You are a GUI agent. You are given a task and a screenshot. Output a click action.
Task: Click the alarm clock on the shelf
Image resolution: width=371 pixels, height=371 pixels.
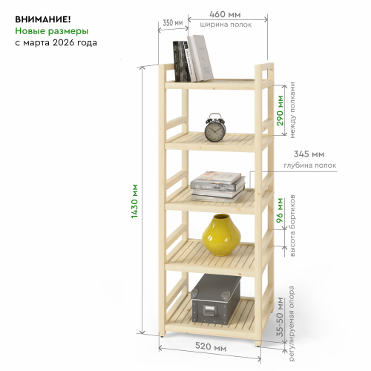(215, 128)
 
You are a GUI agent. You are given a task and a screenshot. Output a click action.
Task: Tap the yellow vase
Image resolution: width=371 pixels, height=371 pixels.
(221, 235)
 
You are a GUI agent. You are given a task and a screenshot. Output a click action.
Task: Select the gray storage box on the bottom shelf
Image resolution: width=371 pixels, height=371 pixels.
(216, 299)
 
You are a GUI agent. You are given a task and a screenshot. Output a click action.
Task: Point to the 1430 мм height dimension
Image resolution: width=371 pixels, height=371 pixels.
(134, 201)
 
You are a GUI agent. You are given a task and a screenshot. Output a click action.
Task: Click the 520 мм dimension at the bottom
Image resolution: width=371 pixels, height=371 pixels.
(211, 347)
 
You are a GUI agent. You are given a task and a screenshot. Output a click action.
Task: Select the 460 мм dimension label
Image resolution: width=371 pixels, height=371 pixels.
(225, 14)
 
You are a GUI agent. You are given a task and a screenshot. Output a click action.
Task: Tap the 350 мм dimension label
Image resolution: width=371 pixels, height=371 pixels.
(173, 23)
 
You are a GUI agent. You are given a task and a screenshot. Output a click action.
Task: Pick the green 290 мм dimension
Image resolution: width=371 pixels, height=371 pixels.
(280, 111)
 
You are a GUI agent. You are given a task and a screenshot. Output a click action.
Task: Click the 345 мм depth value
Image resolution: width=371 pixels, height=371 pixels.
(309, 154)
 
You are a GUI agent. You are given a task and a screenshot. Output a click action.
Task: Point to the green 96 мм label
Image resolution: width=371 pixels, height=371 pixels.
(280, 210)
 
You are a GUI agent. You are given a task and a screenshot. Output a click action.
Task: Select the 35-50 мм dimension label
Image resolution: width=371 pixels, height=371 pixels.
(280, 317)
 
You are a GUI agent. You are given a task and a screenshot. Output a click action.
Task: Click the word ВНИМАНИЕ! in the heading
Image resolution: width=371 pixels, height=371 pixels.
(43, 19)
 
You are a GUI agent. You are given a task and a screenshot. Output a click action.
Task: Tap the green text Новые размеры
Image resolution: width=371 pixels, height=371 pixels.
(52, 31)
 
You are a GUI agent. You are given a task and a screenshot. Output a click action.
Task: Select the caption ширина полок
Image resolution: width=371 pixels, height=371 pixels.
(226, 24)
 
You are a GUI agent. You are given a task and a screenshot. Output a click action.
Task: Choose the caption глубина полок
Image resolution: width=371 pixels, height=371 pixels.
(310, 165)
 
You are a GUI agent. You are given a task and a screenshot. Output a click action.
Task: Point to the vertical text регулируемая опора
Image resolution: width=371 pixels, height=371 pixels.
(292, 324)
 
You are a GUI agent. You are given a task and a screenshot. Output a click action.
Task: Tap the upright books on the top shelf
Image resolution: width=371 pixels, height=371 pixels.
(193, 59)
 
